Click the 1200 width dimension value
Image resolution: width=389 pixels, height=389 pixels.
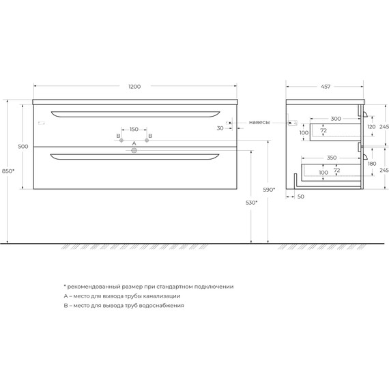(x=134, y=87)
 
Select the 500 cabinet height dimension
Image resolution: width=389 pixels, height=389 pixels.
(x=23, y=147)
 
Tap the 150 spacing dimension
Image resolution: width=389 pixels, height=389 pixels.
(x=134, y=129)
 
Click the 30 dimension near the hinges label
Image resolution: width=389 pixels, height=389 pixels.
(x=220, y=128)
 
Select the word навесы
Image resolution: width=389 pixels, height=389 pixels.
(x=259, y=122)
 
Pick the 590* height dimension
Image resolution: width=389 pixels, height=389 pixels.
(x=270, y=190)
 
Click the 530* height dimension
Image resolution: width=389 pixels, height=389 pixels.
(x=252, y=203)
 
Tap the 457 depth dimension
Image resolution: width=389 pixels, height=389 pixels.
(x=326, y=87)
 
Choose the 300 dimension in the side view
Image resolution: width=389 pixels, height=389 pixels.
(x=336, y=118)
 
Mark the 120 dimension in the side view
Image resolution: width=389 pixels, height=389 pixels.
(x=371, y=127)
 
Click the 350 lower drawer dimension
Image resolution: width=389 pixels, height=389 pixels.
(x=332, y=158)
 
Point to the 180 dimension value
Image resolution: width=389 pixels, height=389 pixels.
(x=371, y=164)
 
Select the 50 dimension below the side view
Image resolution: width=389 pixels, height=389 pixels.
(x=301, y=197)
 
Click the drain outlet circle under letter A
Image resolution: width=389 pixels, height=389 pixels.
(x=134, y=153)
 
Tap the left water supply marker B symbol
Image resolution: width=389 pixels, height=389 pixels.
(x=122, y=141)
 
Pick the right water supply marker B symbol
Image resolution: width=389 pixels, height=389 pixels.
(x=146, y=141)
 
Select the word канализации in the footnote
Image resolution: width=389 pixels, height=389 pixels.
(x=158, y=296)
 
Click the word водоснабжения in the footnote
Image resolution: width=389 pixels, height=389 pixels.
(x=160, y=306)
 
